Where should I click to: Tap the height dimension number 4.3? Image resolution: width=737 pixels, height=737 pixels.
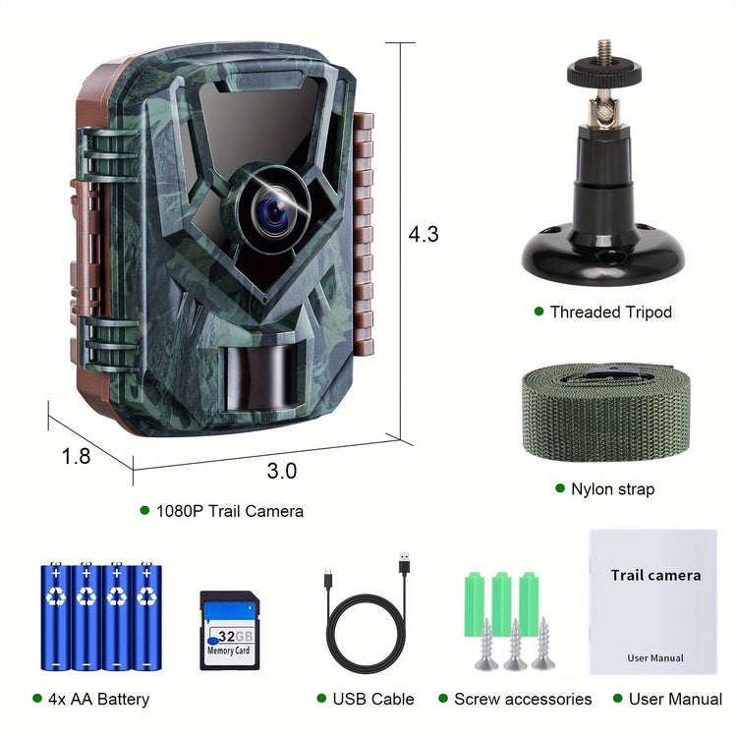pos(423,234)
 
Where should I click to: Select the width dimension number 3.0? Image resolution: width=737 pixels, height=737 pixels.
pos(282,471)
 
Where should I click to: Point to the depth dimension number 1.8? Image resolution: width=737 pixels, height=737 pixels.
pos(76,456)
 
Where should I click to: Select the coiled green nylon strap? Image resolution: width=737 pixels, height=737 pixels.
pos(606,412)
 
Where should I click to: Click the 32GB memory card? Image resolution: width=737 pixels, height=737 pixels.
pos(230,630)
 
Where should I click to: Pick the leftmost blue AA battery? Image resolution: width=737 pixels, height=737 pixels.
pos(56,616)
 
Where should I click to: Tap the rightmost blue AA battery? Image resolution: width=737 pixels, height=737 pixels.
pos(146,616)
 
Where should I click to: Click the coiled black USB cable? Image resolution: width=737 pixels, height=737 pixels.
pos(367,616)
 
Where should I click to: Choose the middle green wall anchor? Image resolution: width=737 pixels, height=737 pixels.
pos(502,604)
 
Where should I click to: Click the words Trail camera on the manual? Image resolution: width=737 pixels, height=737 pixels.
pos(655,575)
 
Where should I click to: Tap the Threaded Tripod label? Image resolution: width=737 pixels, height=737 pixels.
pos(610,312)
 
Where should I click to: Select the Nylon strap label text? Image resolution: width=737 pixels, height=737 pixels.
pos(612,488)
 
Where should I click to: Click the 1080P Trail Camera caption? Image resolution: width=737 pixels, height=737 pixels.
pos(229,511)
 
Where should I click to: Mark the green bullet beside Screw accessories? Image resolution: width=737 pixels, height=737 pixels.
pos(443,698)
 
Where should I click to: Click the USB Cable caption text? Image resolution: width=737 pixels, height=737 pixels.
pos(373,699)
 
